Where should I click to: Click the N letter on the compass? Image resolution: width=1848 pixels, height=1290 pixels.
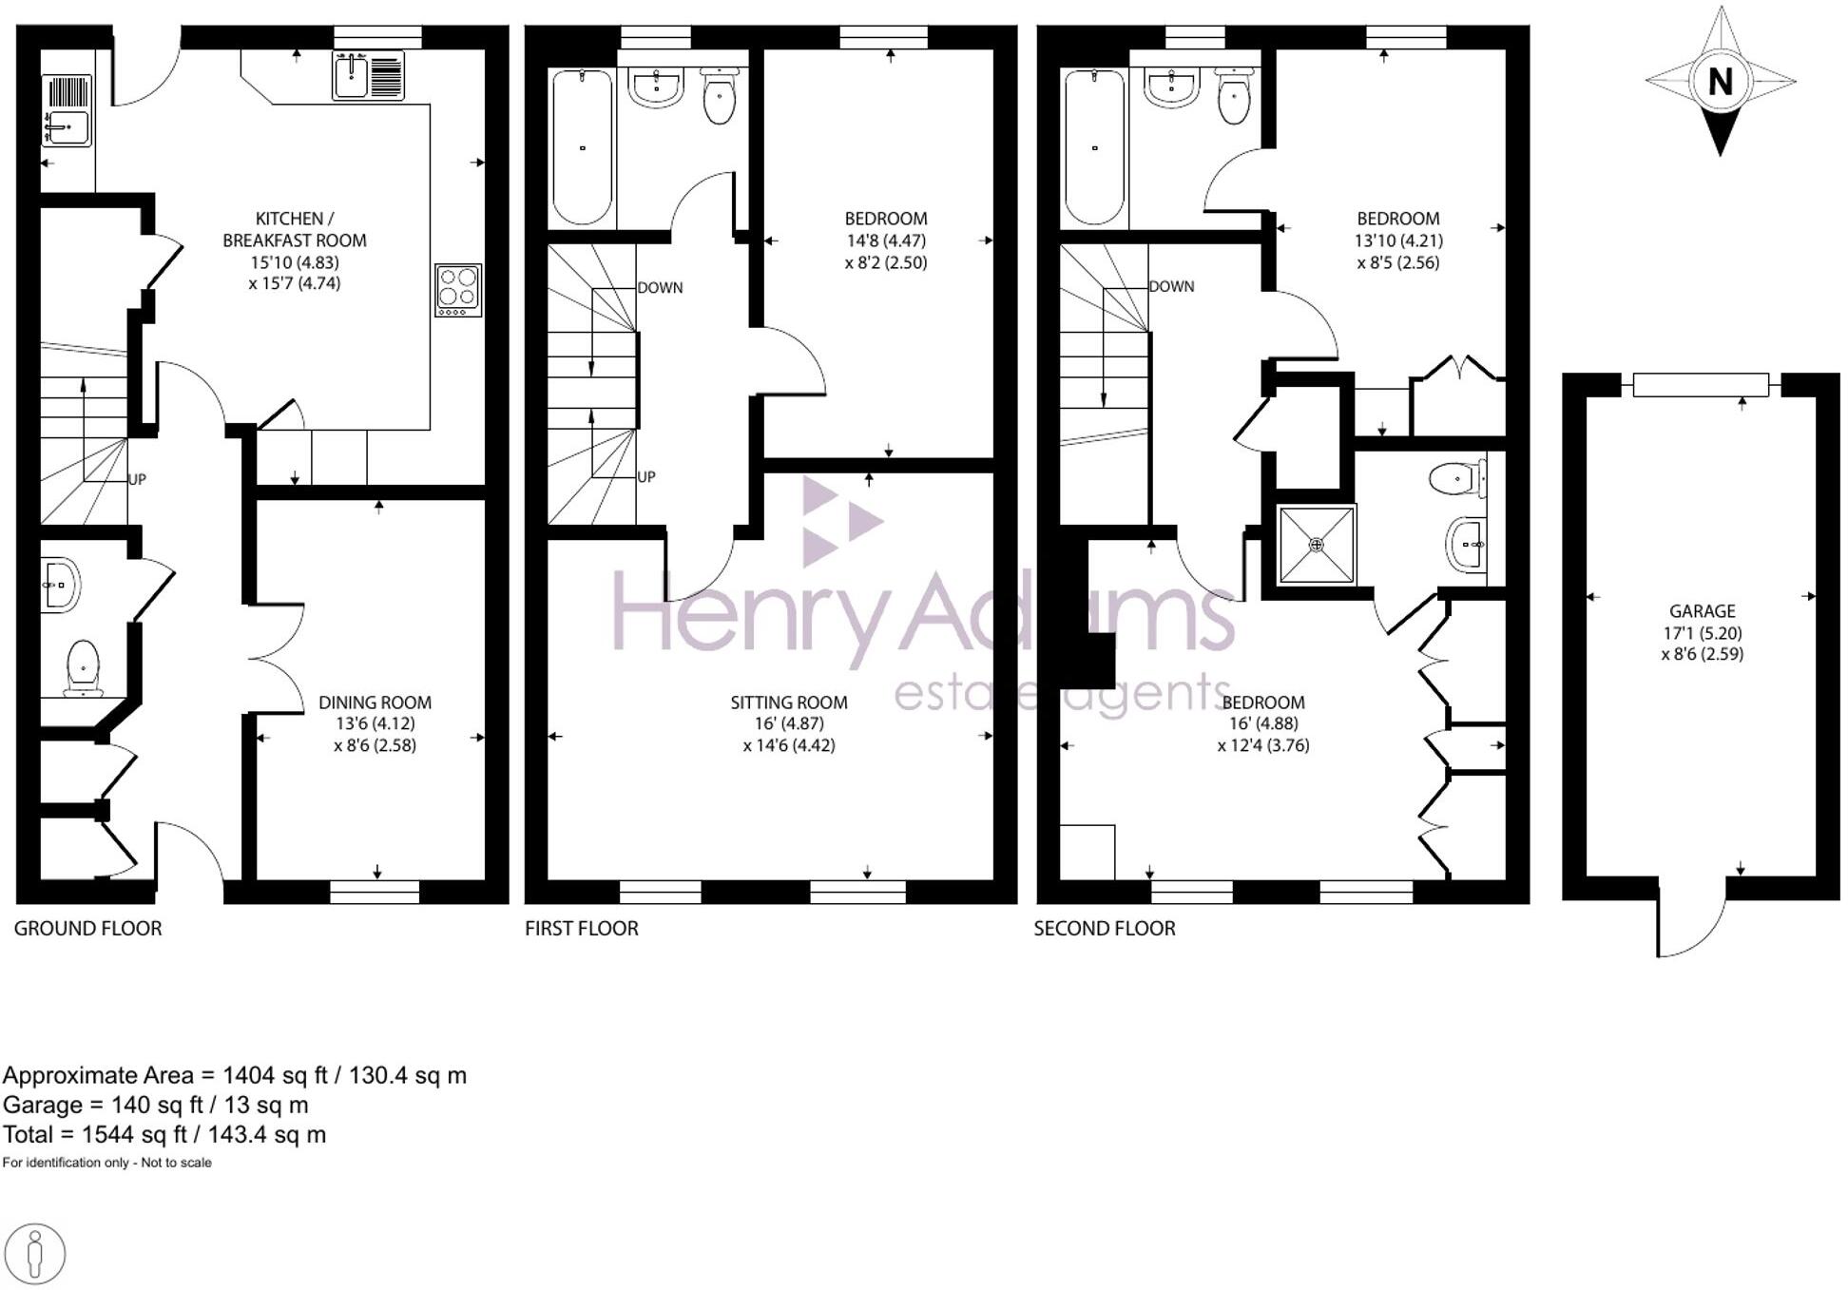[1720, 82]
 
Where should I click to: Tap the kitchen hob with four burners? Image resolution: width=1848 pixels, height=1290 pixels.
[458, 289]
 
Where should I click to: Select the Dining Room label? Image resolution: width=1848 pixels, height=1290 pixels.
[375, 703]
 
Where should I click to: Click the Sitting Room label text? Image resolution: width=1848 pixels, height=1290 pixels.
[789, 703]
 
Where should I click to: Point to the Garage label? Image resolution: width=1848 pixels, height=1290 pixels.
[1702, 611]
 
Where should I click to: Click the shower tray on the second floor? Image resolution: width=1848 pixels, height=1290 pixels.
[1317, 545]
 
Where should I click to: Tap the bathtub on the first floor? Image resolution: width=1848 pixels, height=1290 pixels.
[582, 147]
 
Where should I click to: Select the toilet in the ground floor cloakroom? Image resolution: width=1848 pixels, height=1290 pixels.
[83, 665]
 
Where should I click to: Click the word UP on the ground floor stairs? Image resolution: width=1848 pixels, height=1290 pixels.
[137, 479]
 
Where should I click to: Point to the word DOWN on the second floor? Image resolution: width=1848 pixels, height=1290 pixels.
[1171, 286]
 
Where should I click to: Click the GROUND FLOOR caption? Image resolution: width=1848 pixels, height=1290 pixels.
[87, 928]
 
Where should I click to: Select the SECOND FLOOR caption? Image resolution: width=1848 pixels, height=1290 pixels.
[1105, 928]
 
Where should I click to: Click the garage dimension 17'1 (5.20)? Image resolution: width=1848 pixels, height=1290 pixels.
[1702, 633]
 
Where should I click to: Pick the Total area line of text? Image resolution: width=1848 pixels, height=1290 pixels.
[164, 1134]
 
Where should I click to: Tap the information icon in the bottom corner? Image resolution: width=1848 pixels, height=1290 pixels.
[35, 1254]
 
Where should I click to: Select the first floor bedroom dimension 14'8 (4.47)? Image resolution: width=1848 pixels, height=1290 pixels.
[886, 241]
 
